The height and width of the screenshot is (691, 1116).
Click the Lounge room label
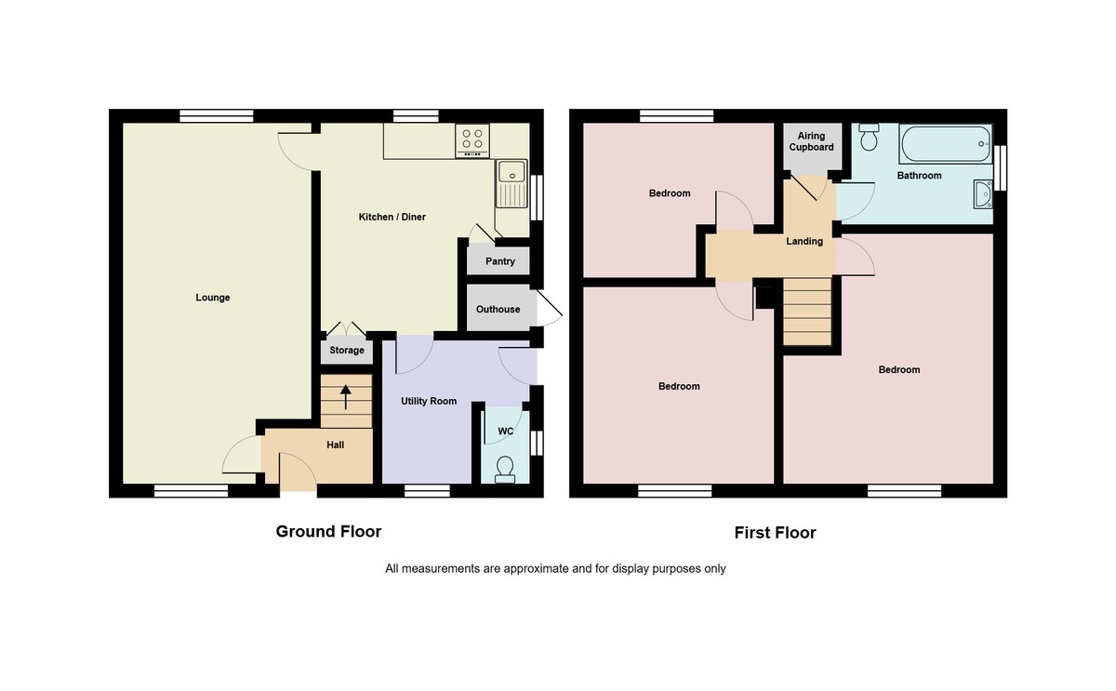[x=212, y=298]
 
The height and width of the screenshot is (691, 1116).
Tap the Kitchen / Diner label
[x=392, y=217]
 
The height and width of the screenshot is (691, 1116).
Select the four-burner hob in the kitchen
[x=472, y=140]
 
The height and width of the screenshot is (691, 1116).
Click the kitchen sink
[x=511, y=182]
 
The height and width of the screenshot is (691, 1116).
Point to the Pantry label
[x=499, y=261]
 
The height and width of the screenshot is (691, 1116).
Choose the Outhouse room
[x=498, y=309]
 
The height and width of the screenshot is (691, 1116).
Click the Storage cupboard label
[x=347, y=351]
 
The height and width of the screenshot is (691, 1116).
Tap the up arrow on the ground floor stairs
[x=346, y=397]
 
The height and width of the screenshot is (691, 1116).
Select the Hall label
[x=335, y=445]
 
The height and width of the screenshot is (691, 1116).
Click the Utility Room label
[x=429, y=401]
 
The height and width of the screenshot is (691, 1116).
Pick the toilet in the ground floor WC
[x=506, y=468]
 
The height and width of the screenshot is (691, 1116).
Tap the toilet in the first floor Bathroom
[x=870, y=138]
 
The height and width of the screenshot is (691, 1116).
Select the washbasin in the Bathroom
[x=981, y=193]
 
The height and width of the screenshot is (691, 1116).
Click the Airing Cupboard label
[x=811, y=141]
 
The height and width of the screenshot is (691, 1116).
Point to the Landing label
[x=804, y=241]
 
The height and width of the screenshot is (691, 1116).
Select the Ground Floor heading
[x=328, y=531]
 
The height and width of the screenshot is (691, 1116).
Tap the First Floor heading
[x=775, y=533]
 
